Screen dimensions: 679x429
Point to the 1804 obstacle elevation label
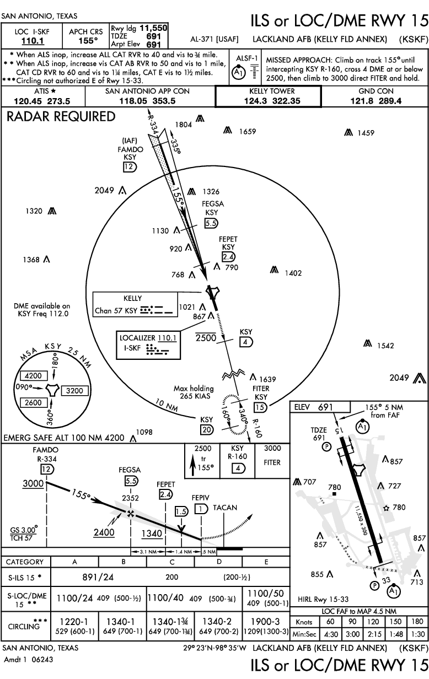point(184,125)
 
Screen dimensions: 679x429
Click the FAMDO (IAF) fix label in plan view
point(130,149)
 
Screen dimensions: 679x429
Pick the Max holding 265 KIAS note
point(194,392)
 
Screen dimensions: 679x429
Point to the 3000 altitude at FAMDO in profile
point(33,483)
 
